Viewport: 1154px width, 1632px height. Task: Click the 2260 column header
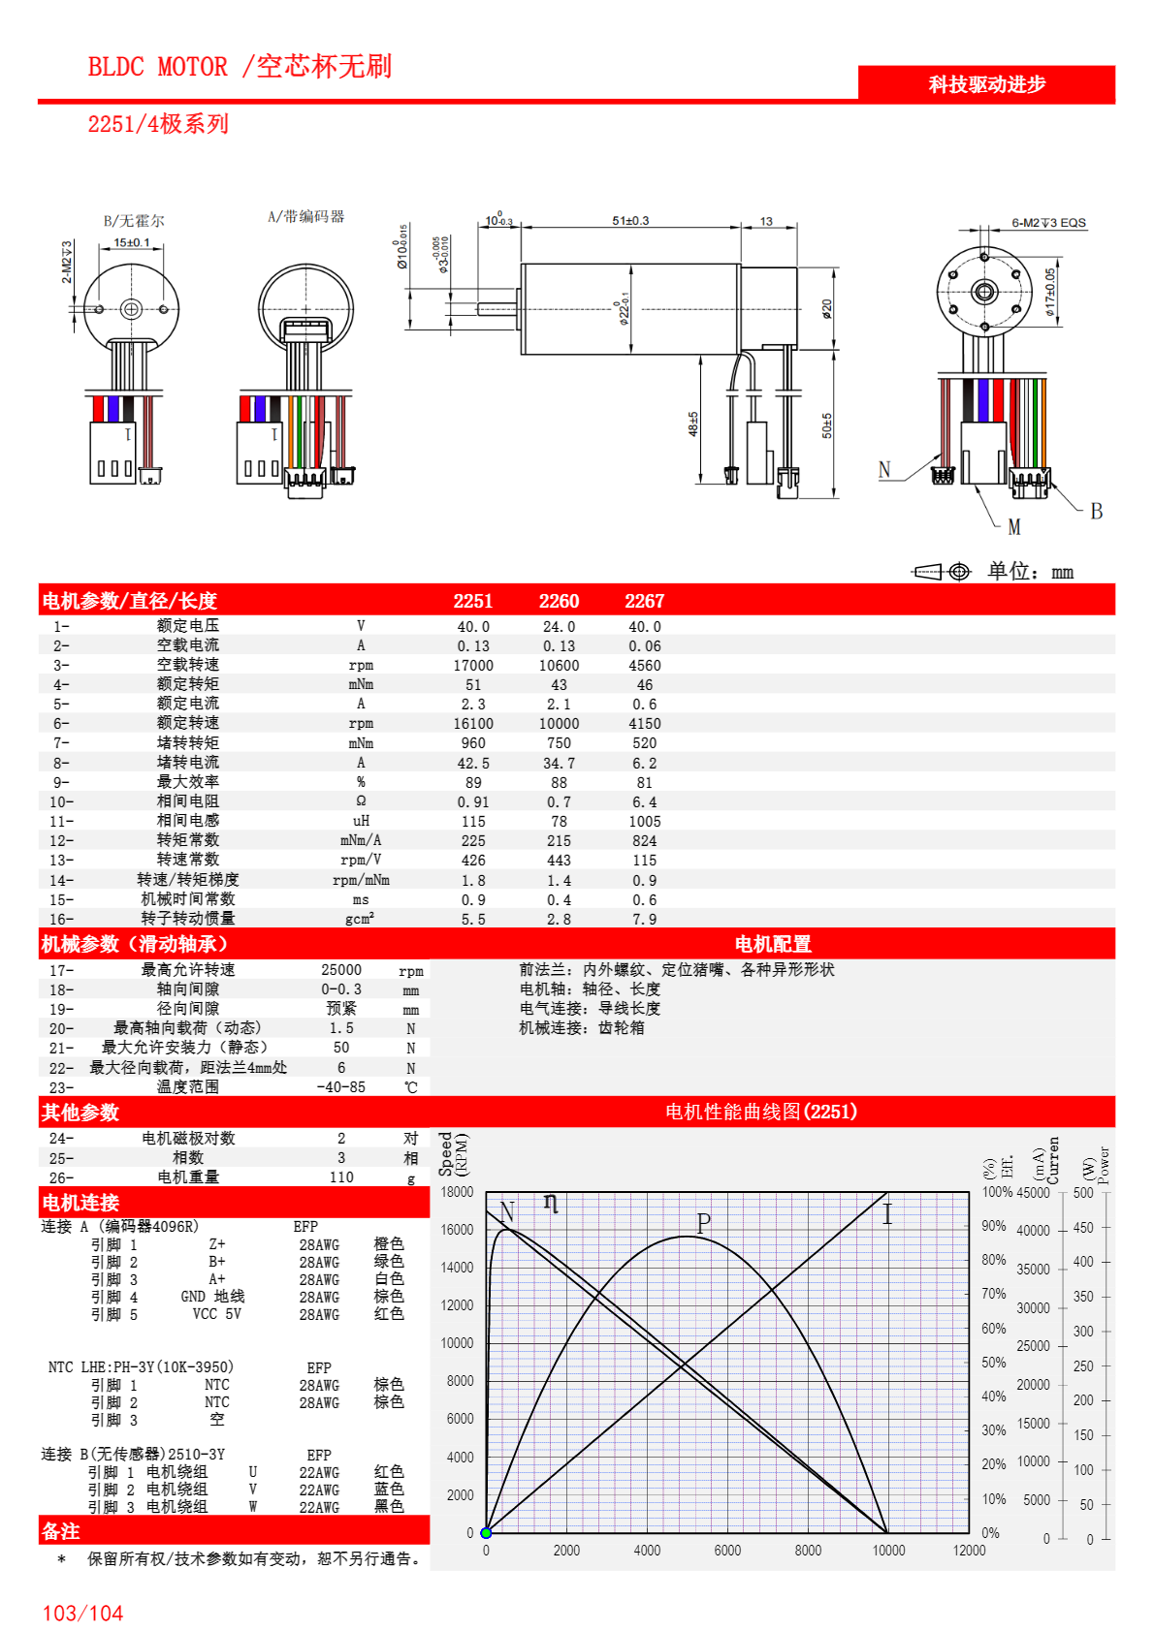point(559,601)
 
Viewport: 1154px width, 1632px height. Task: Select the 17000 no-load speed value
point(473,666)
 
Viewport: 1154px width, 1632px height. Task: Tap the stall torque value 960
point(473,743)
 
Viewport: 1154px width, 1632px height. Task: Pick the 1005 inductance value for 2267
point(644,822)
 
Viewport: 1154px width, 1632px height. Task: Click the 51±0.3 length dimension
point(630,221)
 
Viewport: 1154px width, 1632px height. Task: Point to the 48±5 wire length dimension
point(693,424)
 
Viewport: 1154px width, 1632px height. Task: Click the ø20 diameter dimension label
point(826,309)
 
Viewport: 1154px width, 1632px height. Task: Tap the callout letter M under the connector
point(1014,527)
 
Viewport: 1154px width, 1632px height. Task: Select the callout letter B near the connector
point(1096,511)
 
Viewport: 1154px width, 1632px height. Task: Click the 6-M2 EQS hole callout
point(1048,223)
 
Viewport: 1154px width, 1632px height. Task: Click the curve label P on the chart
point(703,1223)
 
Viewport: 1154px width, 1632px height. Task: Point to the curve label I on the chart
point(886,1214)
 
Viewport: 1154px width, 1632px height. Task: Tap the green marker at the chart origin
point(486,1533)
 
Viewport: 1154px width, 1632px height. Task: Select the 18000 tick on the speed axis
point(457,1192)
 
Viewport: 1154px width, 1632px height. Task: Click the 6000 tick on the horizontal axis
point(727,1551)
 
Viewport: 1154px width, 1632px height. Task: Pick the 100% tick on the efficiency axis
point(997,1192)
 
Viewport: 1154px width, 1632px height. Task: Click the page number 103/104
point(82,1614)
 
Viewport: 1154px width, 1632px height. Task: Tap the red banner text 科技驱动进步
point(987,84)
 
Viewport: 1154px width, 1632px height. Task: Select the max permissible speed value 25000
point(341,970)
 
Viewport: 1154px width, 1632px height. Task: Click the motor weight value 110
point(341,1177)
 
